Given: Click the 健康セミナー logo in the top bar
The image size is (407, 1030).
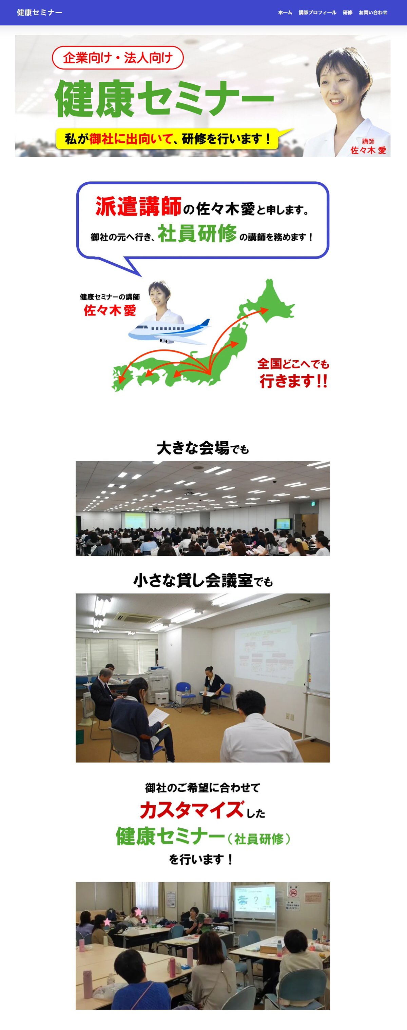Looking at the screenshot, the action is coord(39,13).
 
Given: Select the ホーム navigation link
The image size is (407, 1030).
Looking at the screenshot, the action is coord(285,13).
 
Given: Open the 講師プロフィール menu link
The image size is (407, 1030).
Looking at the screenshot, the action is coord(317,13).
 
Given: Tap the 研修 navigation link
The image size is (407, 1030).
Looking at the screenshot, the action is coord(347,13).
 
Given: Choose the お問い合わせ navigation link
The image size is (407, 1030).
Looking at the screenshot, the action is coord(373,13).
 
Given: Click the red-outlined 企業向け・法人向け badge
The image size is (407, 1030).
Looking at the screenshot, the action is coord(118,58).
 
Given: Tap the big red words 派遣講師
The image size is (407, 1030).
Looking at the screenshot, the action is coord(138,206).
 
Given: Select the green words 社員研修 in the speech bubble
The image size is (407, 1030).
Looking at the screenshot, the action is coord(197,234).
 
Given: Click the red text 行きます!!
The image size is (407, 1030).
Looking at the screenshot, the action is coord(293,381).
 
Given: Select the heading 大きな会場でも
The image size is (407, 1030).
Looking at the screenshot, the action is coord(203,448).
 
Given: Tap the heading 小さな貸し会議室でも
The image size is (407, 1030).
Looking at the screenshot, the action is coord(203,581).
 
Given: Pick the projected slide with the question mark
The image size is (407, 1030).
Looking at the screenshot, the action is coord(254,900).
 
